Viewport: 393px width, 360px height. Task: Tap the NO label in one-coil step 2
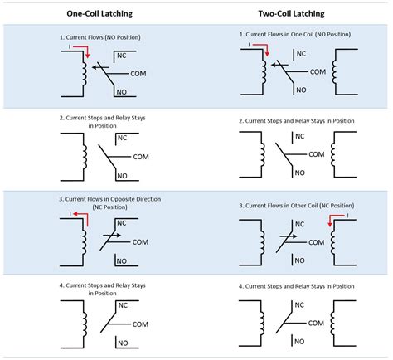point(122,175)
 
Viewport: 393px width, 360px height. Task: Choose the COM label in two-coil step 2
point(316,154)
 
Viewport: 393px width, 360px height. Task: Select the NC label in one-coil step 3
point(122,223)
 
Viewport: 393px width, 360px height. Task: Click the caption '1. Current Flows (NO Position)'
point(101,39)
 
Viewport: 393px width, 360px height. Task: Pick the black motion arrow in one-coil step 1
point(98,66)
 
